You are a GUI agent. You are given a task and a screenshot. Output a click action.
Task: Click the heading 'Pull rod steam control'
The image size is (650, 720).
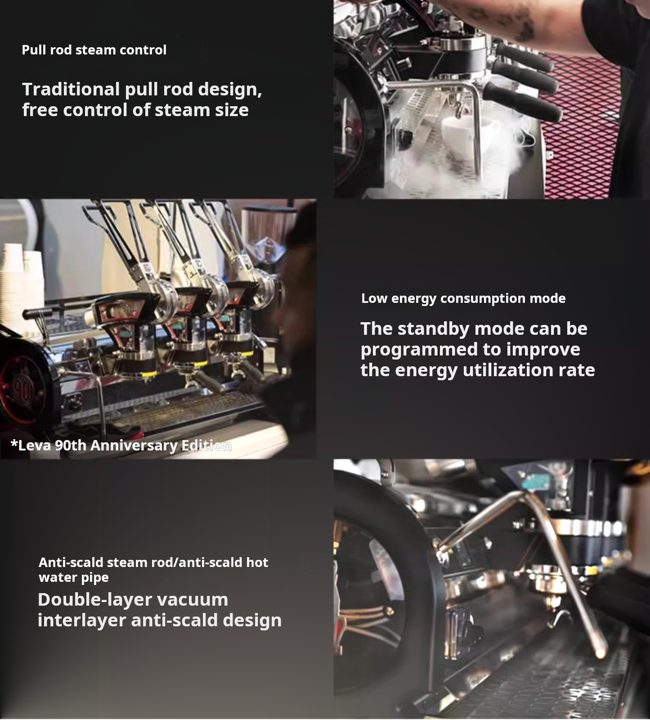pos(94,49)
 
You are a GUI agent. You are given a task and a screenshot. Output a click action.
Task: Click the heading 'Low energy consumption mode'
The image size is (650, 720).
pos(463,298)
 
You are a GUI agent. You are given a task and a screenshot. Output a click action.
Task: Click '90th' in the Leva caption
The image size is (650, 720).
pos(71,445)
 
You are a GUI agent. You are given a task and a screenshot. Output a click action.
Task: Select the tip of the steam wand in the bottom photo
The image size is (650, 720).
pos(601,654)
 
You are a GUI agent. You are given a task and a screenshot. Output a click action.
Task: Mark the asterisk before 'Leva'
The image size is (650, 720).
pos(14,444)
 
